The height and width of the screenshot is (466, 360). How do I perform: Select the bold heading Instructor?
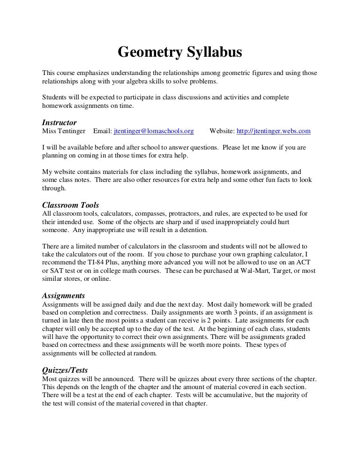59,122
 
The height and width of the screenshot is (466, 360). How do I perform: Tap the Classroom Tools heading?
70,205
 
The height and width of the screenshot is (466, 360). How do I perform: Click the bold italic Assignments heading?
63,296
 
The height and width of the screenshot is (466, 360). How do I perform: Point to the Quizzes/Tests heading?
65,370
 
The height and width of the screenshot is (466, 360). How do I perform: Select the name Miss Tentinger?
64,131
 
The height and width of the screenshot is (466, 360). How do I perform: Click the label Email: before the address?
103,131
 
